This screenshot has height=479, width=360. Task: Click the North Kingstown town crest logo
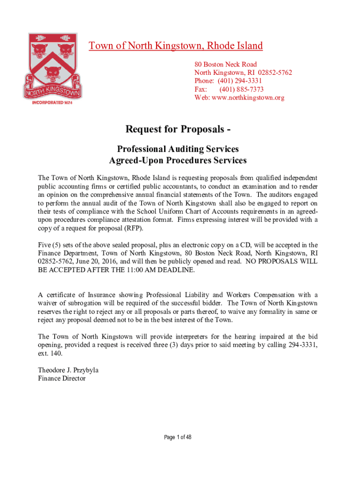click(x=54, y=65)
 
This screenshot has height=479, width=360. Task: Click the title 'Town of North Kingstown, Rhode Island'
click(x=176, y=46)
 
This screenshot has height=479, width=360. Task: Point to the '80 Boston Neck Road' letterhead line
click(x=225, y=64)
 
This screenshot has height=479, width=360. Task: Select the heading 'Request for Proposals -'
click(x=178, y=129)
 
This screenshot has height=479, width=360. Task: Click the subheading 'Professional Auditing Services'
click(x=178, y=149)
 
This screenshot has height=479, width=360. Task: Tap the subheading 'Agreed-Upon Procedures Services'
click(x=178, y=160)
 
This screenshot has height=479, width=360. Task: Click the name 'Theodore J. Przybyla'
click(x=68, y=370)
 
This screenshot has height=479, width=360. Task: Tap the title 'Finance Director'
click(x=62, y=378)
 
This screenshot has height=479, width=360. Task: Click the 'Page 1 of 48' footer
click(x=178, y=437)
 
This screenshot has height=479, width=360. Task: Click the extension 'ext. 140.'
click(x=48, y=353)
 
